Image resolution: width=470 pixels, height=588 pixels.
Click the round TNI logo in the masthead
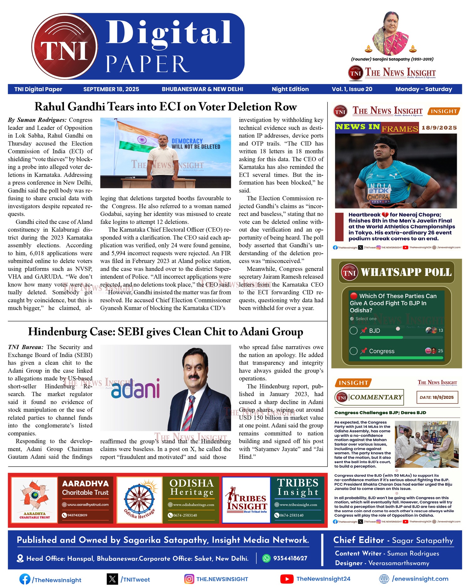pos(65,46)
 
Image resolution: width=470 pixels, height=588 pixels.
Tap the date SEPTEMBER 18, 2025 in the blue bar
pos(111,89)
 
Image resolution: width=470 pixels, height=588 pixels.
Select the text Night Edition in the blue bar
pos(290,89)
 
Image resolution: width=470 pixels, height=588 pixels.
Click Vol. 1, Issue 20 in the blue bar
pos(352,89)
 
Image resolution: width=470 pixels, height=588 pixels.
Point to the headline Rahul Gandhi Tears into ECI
pos(165,107)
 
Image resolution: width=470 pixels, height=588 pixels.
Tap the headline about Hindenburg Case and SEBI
pos(165,332)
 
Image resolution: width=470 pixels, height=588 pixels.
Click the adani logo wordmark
pos(135,389)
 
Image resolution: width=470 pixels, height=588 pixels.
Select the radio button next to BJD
pos(353,331)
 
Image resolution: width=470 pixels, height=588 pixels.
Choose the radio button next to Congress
pos(353,351)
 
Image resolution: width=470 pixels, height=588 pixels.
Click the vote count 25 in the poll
pos(441,351)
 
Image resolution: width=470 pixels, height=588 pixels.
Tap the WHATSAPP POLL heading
pos(406,272)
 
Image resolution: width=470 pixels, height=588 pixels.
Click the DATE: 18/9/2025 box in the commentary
pos(437,397)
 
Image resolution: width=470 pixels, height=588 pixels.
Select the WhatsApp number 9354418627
pos(290,558)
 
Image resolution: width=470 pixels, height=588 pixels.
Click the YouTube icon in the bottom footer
pos(287,579)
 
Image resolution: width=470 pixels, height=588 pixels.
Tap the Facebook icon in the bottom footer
pos(25,579)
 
